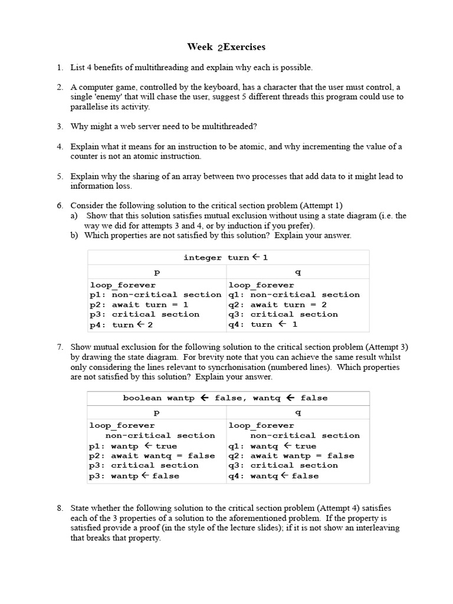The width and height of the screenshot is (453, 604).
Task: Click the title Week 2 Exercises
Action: tap(226, 47)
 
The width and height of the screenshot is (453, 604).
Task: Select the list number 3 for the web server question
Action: tap(60, 126)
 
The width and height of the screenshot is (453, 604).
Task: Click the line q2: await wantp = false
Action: tap(291, 455)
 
